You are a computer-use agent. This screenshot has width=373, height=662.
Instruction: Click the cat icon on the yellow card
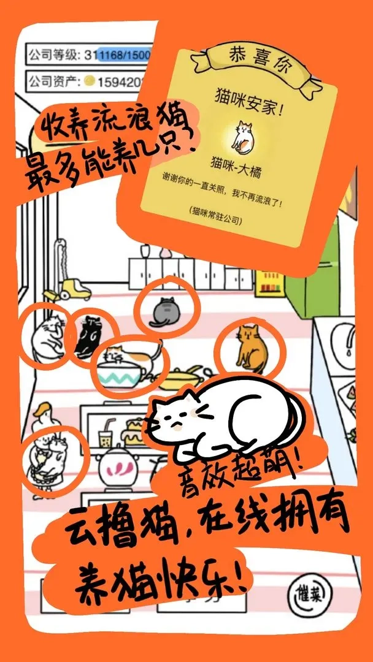pyautogui.click(x=243, y=135)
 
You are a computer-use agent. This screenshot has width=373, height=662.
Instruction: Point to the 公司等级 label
pyautogui.click(x=54, y=55)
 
